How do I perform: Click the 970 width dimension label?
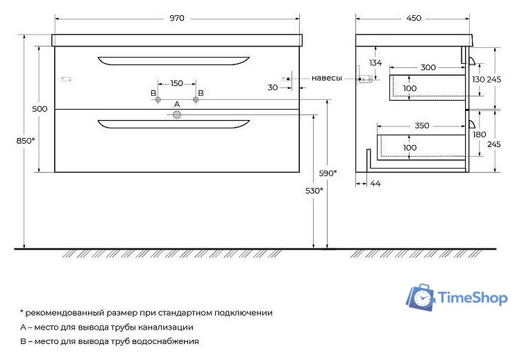177,19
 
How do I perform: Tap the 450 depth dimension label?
414,19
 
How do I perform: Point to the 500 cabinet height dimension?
40,108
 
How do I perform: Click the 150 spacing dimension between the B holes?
177,83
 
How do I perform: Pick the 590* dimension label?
328,172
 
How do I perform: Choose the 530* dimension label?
314,190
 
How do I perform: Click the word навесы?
326,78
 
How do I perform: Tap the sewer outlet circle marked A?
177,117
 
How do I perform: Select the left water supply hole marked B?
158,101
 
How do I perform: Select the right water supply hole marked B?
196,101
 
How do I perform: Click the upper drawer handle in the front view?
174,60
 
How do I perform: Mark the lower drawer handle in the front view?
174,124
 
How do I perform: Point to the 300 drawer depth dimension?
428,67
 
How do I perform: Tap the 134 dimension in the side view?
375,63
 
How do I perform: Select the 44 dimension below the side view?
375,183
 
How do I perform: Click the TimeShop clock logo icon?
421,298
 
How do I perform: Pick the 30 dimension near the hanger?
272,87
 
